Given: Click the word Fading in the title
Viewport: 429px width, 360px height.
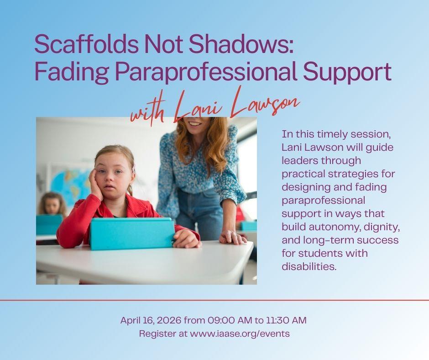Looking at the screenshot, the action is [x=71, y=72].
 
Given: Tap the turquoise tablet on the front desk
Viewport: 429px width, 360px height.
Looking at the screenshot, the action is [x=132, y=233].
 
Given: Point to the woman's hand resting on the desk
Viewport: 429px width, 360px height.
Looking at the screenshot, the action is [x=232, y=237].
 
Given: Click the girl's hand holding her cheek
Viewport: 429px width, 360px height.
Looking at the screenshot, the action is [x=96, y=184].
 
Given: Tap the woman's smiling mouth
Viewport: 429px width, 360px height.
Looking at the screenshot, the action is [x=195, y=123].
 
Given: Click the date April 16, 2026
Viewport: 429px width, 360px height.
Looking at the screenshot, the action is [x=151, y=320].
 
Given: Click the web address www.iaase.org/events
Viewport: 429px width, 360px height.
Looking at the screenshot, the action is [x=240, y=334].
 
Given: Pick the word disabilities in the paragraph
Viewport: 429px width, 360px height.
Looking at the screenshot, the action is [x=309, y=266].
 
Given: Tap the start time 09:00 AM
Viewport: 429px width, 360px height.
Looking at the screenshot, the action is [x=230, y=320].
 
